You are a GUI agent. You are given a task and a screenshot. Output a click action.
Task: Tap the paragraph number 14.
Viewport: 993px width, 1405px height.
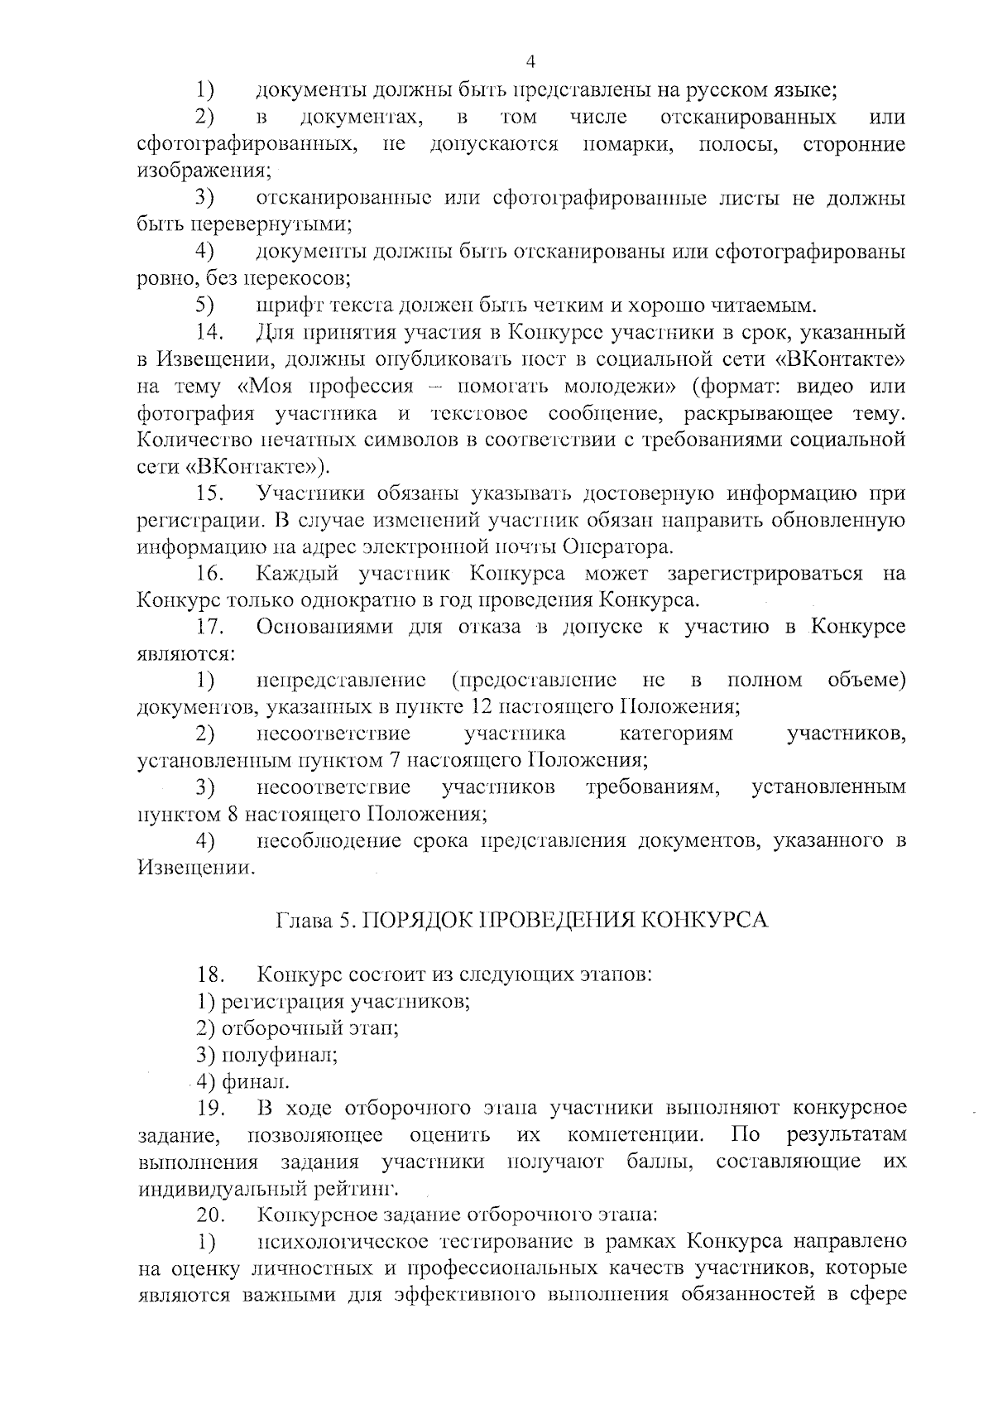tap(210, 333)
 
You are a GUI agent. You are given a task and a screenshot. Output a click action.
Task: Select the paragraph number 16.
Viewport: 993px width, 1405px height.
tap(210, 574)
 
